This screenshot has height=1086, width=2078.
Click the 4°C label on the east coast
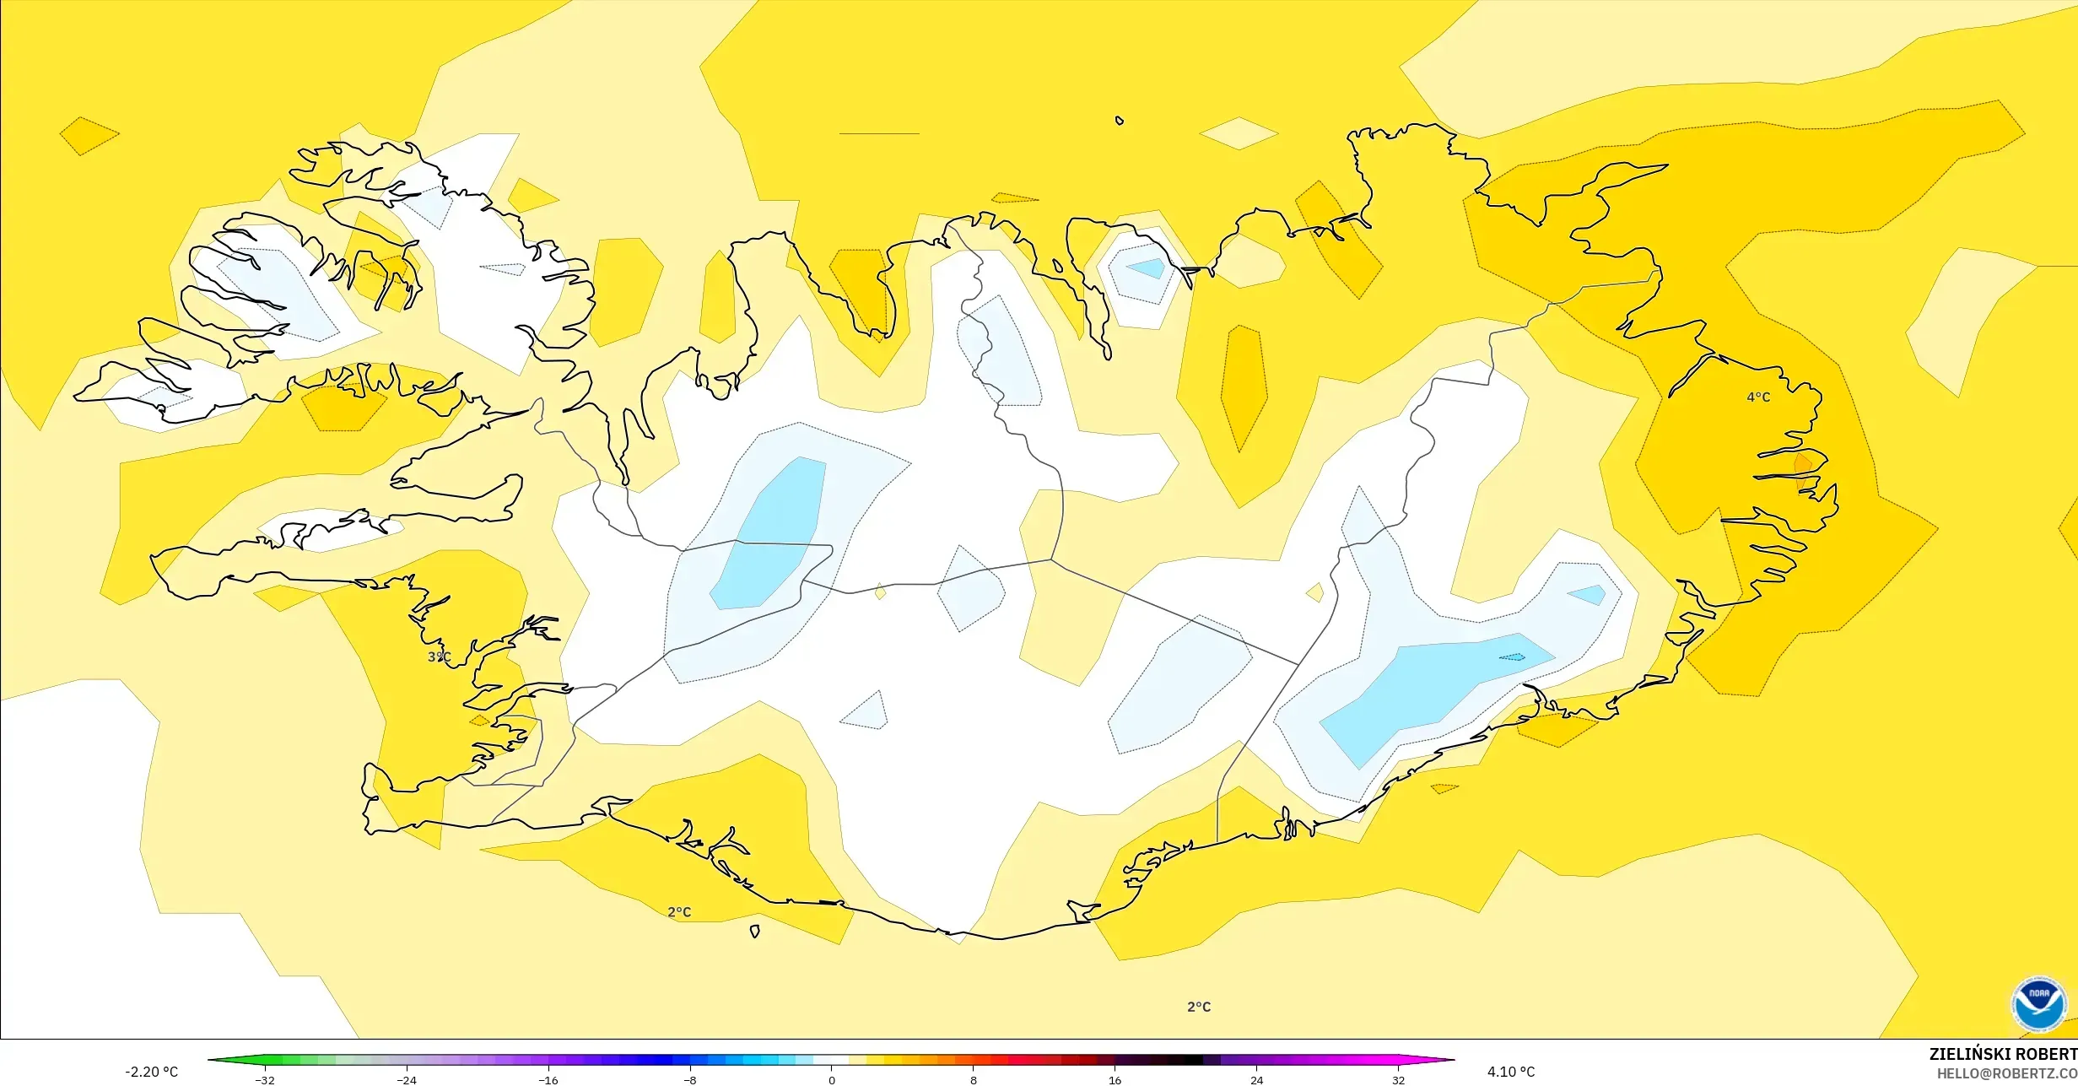coord(1758,397)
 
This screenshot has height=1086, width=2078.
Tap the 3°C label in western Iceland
coord(439,656)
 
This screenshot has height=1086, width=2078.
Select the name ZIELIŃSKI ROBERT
coord(2003,1054)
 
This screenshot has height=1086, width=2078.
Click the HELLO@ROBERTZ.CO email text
coord(2006,1073)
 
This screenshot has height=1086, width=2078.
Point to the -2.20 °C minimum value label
coord(152,1072)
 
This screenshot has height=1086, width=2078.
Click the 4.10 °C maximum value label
coord(1510,1072)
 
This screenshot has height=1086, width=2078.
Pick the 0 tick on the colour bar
coord(832,1080)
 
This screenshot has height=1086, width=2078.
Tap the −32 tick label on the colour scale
coord(265,1080)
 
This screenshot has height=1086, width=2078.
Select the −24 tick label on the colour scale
coord(407,1080)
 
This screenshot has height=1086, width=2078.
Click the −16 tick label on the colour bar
coord(548,1080)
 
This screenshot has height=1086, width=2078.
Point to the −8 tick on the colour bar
coord(690,1080)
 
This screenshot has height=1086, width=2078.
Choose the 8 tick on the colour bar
coord(974,1080)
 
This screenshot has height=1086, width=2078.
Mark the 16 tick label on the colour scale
coord(1115,1080)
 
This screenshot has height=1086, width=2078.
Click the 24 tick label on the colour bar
coord(1257,1080)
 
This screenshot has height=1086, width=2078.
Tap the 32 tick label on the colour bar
coord(1399,1080)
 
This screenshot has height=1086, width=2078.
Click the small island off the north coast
coord(1120,121)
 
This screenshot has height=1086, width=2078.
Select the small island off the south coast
coord(755,932)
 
